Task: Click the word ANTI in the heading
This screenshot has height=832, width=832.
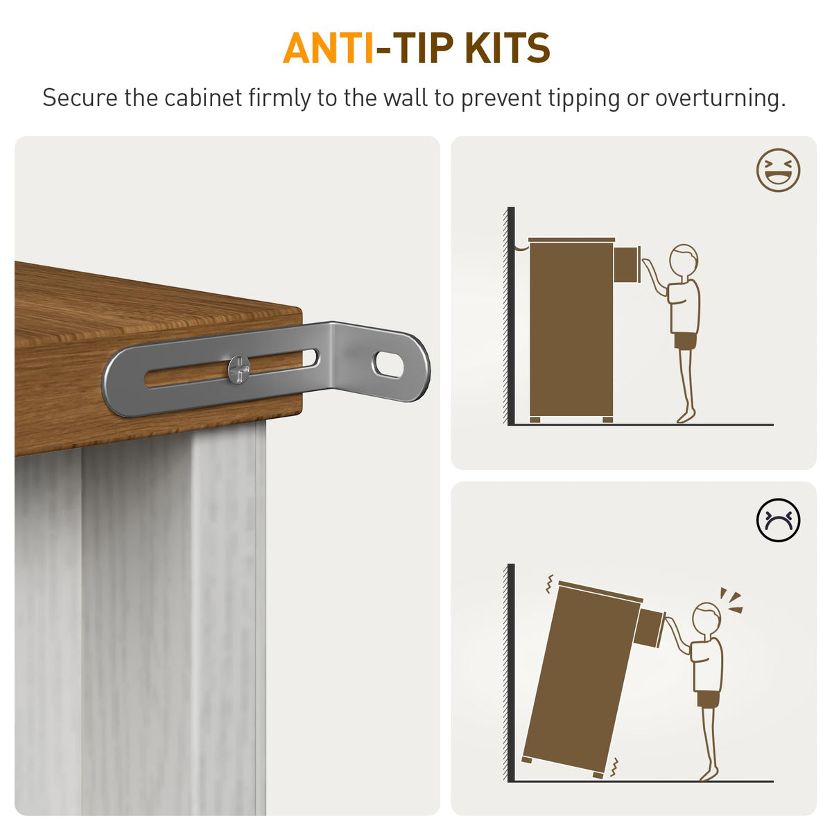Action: (328, 48)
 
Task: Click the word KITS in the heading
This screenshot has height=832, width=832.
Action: (508, 48)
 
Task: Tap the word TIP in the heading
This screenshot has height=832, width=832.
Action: (424, 48)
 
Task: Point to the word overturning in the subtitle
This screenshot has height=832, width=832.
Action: (720, 98)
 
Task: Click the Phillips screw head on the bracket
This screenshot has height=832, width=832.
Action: (239, 369)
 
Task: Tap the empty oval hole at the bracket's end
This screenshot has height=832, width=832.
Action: (388, 365)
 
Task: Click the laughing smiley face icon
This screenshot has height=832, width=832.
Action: (778, 170)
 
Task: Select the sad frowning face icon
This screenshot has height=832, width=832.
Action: (778, 520)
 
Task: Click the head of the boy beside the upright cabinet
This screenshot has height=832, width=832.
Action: (684, 259)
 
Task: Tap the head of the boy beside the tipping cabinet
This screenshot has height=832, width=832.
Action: (707, 618)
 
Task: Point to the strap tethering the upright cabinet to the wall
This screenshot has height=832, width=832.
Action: (521, 248)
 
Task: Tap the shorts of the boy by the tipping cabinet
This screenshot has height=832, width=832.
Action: (708, 700)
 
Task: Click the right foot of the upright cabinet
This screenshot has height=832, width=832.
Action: (607, 419)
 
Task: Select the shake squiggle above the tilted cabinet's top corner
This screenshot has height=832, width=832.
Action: (550, 584)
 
